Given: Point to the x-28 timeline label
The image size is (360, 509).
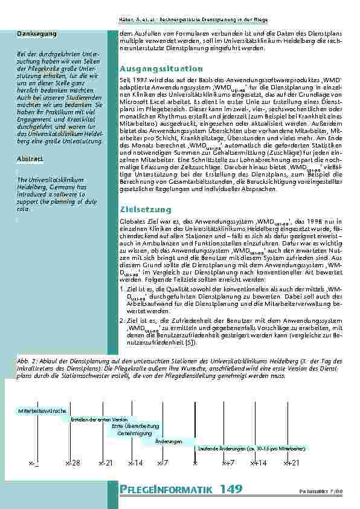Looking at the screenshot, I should point(72,462).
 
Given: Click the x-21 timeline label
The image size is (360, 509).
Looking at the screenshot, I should point(105,462).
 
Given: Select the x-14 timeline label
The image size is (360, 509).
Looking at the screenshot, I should point(136,462).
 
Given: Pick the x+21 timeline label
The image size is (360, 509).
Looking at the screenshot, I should point(291,462).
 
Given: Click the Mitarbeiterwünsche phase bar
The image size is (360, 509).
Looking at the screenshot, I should point(42,410).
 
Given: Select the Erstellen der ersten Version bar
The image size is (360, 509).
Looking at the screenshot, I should point(98,419).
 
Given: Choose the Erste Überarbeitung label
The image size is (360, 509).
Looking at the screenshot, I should point(135,426).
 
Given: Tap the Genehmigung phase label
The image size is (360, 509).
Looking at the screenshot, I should point(134,433).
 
